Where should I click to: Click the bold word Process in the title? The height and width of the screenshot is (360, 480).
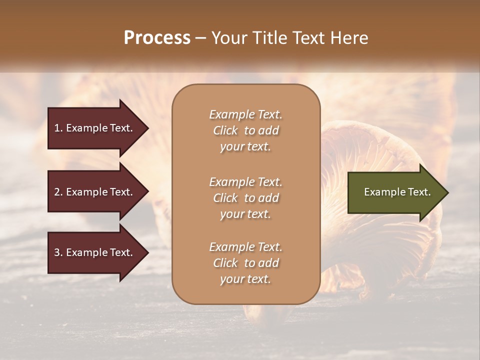(x=157, y=38)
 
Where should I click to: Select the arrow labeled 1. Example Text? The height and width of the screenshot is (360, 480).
(x=95, y=128)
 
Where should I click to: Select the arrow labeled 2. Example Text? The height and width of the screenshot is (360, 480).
(x=95, y=192)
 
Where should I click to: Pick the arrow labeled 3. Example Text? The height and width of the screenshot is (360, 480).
(x=95, y=252)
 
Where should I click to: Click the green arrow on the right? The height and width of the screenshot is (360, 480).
(x=395, y=192)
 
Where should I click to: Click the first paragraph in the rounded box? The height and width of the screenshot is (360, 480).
(x=245, y=130)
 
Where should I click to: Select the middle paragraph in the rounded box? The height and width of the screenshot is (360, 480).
(x=245, y=198)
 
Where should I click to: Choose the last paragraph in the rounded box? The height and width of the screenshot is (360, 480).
(x=245, y=263)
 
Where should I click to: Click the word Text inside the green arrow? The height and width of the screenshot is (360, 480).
(x=418, y=192)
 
